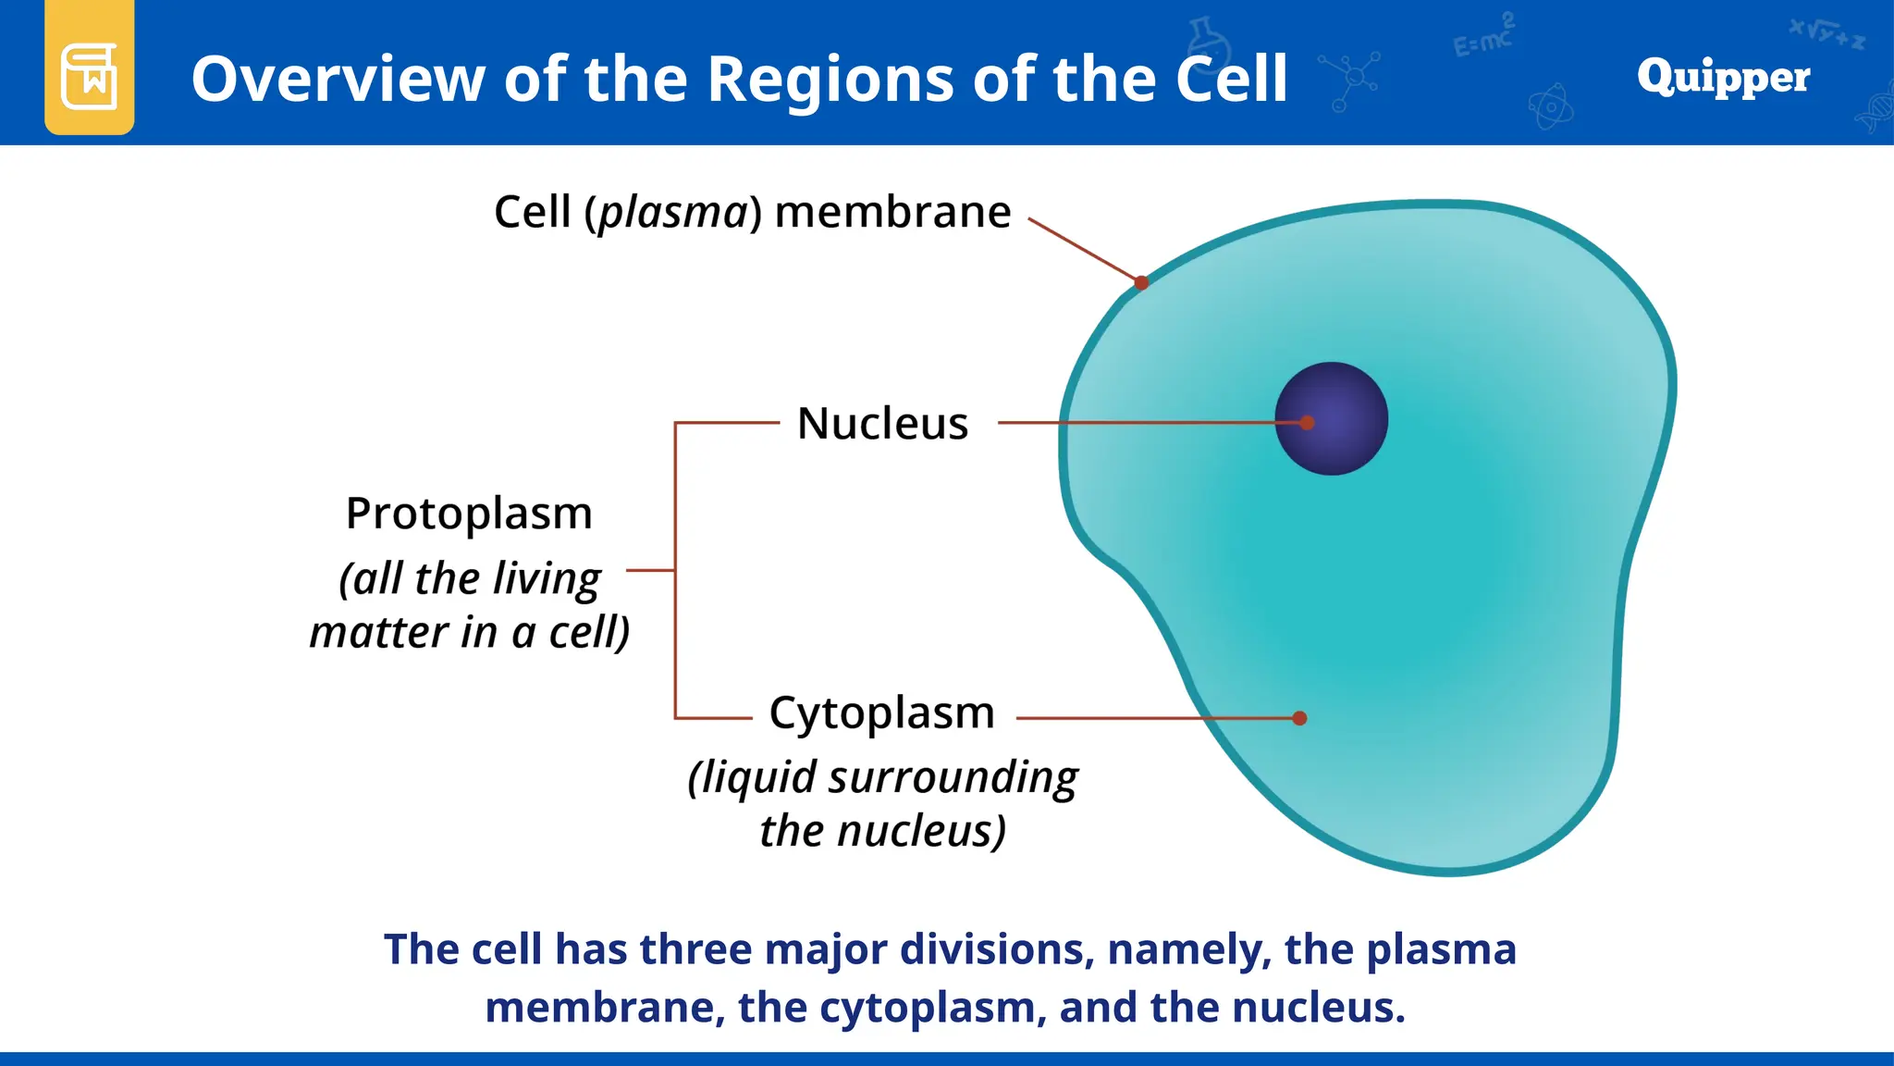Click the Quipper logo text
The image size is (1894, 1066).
click(1722, 77)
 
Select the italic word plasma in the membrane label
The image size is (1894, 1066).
click(672, 213)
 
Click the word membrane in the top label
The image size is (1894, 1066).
click(892, 212)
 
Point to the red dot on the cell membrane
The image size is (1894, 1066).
click(1141, 282)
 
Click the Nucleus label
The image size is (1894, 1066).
click(882, 424)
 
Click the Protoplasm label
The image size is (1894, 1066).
click(469, 513)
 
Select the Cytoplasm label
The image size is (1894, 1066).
click(881, 713)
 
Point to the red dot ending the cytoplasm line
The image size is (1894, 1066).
click(1299, 718)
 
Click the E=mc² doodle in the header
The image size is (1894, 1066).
click(1482, 38)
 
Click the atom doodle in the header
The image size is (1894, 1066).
click(1550, 107)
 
